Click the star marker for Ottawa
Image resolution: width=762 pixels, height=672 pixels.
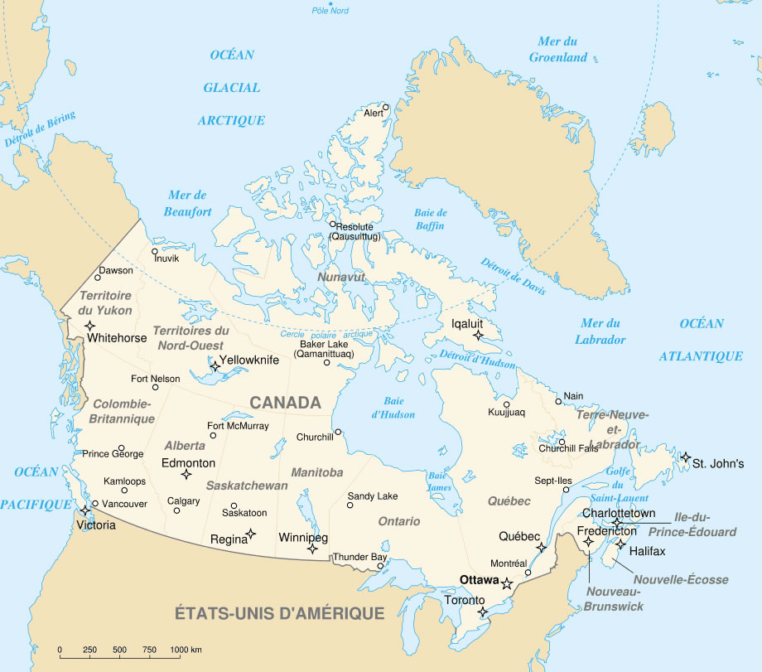tap(507, 584)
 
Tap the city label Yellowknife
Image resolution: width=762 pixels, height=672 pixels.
tap(251, 360)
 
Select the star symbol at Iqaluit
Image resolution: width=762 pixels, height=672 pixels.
tap(478, 336)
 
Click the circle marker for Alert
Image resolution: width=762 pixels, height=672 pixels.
tap(385, 107)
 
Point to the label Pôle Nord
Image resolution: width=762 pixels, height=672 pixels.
tap(330, 11)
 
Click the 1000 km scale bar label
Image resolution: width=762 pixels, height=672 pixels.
tap(186, 649)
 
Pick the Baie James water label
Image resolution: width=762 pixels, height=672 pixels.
tap(438, 481)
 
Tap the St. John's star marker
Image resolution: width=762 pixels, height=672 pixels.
tap(686, 457)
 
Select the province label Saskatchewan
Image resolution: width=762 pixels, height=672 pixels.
tap(247, 486)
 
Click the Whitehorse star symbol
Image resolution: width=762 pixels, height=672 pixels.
tap(89, 326)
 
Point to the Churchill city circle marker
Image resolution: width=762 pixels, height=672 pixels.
tap(338, 431)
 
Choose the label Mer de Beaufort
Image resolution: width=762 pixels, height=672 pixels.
tap(187, 203)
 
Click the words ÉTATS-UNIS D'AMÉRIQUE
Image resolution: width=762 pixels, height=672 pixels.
tap(280, 614)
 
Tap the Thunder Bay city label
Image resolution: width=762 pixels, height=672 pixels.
tap(359, 558)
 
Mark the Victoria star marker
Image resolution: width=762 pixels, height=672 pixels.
tap(84, 510)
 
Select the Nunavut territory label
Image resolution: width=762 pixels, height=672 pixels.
tap(341, 277)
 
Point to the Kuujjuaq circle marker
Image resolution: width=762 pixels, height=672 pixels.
tap(507, 405)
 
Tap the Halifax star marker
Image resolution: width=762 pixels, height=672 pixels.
tap(620, 544)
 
